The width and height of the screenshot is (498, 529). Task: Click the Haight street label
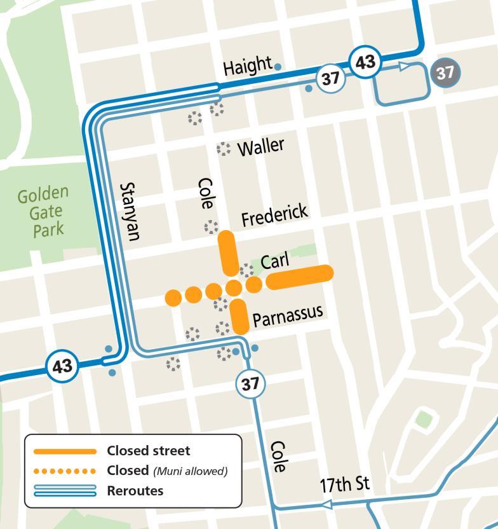coord(248,66)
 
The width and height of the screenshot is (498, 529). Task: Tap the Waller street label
coord(260,147)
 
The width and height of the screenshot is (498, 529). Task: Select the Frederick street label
coord(274,215)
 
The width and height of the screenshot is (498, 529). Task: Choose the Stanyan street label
coord(129,212)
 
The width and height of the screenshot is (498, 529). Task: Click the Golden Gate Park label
coord(43,212)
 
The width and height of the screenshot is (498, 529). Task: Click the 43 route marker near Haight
coord(365,62)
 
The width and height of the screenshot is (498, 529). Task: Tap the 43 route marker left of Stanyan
coord(62,366)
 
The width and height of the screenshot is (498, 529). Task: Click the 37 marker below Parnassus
coord(250,384)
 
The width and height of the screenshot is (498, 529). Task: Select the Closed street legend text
coord(148,451)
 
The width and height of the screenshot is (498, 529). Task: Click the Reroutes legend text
coord(135,490)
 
